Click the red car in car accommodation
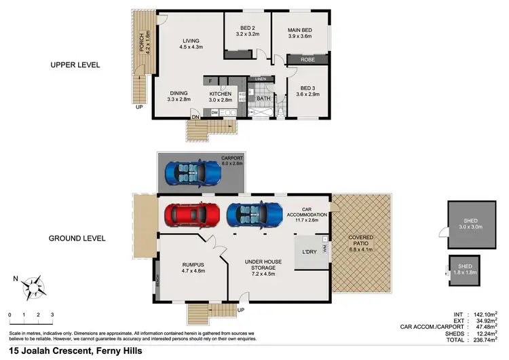click(x=192, y=215)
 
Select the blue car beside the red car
click(x=254, y=215)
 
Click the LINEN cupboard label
click(x=261, y=79)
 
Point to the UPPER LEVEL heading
click(x=75, y=65)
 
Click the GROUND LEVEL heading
click(x=78, y=238)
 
